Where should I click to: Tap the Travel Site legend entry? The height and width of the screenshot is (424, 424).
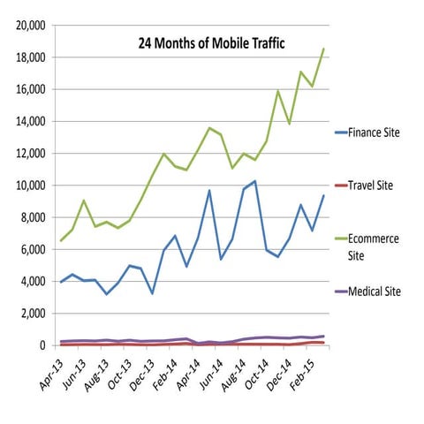[372, 186]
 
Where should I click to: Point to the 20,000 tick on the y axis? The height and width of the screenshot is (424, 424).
[31, 26]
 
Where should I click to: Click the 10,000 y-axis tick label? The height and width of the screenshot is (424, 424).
[31, 185]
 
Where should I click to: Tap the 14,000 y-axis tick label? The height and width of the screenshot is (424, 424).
[31, 122]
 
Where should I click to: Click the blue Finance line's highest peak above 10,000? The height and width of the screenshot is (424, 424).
[255, 181]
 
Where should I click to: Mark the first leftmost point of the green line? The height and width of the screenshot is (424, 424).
[60, 240]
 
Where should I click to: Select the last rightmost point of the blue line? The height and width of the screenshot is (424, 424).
[324, 195]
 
